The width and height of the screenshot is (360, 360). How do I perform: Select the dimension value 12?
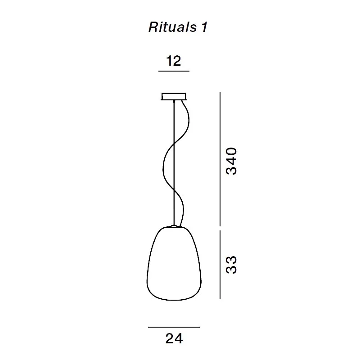(x=174, y=61)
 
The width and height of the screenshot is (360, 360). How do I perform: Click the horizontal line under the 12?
(x=174, y=71)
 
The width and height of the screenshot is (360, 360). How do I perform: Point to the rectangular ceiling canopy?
(x=174, y=97)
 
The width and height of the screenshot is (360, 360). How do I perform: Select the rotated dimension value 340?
(x=231, y=161)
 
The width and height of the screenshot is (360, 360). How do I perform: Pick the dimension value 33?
(x=231, y=265)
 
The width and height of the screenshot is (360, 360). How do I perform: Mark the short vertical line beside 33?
(x=220, y=265)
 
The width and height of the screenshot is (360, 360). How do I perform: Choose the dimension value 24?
(x=174, y=339)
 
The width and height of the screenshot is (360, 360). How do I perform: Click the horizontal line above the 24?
(x=174, y=327)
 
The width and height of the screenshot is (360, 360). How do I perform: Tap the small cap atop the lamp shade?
(x=174, y=226)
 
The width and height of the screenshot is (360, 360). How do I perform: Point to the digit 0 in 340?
(x=231, y=152)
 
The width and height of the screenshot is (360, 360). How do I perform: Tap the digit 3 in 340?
(x=231, y=170)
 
